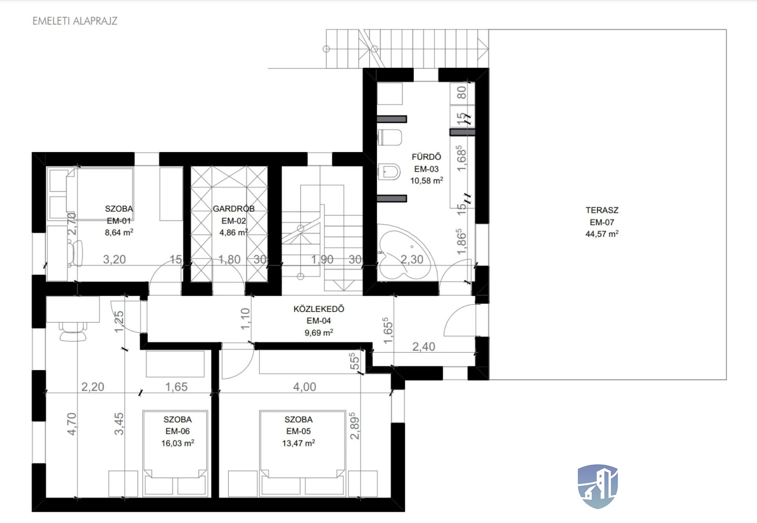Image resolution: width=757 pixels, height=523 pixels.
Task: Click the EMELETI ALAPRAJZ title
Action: coord(75,21)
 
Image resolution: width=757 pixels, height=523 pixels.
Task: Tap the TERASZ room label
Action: coord(602,210)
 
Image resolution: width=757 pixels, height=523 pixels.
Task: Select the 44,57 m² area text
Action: coord(602,234)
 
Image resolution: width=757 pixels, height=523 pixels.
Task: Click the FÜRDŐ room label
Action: coord(426,156)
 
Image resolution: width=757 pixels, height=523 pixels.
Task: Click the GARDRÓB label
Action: coord(233,208)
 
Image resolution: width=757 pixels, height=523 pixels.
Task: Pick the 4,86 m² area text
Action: coord(233,233)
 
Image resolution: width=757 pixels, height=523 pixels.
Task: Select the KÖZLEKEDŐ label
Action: coord(319,309)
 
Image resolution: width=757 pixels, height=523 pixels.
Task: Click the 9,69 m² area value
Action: coord(319,333)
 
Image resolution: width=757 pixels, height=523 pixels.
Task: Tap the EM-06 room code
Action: coord(177,431)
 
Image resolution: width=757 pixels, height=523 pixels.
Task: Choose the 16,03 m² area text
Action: coord(177,443)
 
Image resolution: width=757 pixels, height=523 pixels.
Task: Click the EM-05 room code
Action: coord(298,431)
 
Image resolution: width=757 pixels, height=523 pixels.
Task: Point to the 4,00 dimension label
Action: coord(304,387)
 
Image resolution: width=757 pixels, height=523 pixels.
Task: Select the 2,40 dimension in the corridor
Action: coord(424,347)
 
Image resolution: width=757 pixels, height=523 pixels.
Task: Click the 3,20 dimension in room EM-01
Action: coord(114,260)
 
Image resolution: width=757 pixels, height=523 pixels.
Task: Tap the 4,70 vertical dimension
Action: coord(71,424)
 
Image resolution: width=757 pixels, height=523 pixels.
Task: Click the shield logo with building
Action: coord(598,486)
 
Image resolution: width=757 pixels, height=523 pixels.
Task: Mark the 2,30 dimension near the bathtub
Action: coord(412,260)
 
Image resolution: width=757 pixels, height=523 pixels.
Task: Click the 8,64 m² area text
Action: coord(119,233)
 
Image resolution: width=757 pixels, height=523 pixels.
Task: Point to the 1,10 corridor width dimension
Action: coord(245,319)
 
